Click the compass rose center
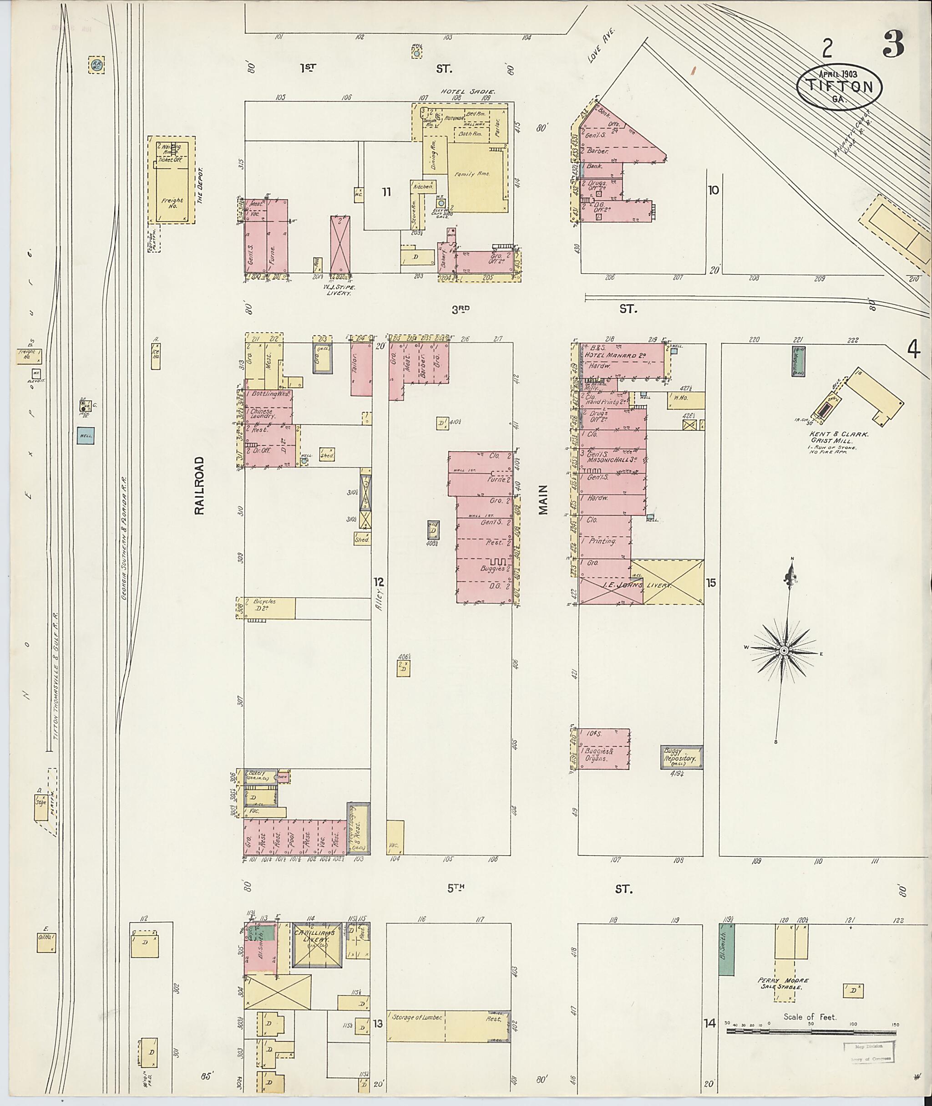coord(784,650)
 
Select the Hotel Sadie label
coord(468,92)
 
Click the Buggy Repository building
coord(682,757)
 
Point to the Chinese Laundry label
coord(263,413)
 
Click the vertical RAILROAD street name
coord(199,485)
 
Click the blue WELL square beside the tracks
coord(86,436)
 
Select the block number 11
coord(387,192)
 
